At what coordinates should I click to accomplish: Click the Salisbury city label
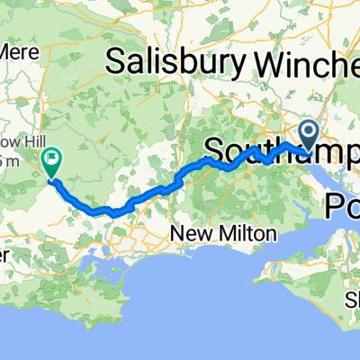pos(175,62)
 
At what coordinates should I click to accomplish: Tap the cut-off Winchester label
pos(307,62)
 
